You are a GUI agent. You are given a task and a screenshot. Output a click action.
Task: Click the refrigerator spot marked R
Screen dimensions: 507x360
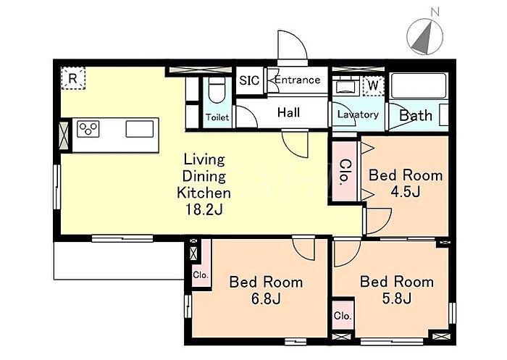tap(73, 78)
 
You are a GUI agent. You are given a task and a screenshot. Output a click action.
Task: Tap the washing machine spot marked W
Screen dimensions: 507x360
tap(373, 85)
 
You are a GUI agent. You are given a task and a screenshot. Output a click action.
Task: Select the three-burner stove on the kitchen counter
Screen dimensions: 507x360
tap(88, 129)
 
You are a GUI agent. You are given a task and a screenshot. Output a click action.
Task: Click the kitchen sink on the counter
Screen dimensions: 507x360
tap(140, 129)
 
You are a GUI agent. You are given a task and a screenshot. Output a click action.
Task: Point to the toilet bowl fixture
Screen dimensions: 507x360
tap(217, 90)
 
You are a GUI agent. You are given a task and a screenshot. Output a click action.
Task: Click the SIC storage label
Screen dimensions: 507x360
tap(249, 80)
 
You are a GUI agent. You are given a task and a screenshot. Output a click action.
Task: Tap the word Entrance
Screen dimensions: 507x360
tap(298, 80)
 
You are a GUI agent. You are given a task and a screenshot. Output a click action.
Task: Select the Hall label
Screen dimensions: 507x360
tap(289, 112)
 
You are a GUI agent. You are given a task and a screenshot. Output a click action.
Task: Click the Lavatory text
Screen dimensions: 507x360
tap(358, 114)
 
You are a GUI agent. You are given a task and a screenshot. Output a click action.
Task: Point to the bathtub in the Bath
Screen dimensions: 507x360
tap(419, 85)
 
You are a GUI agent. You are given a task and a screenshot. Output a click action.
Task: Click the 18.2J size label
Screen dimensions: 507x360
tap(204, 210)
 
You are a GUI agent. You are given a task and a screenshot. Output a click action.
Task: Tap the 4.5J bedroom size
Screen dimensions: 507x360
tap(406, 192)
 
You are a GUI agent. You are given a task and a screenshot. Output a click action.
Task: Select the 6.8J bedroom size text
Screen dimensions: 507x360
tap(266, 299)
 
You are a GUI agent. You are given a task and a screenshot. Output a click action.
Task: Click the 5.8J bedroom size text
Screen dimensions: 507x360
tap(397, 298)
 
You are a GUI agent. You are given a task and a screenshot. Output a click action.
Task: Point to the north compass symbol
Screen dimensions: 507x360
tap(425, 35)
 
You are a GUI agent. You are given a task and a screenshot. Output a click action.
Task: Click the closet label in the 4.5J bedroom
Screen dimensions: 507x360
tap(345, 172)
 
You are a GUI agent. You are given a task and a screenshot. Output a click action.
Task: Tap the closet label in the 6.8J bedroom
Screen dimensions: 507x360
tap(201, 275)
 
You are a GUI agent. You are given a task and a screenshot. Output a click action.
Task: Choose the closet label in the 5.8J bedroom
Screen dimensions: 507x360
tap(343, 315)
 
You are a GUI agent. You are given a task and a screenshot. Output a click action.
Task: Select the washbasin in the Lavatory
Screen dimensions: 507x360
tap(345, 87)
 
